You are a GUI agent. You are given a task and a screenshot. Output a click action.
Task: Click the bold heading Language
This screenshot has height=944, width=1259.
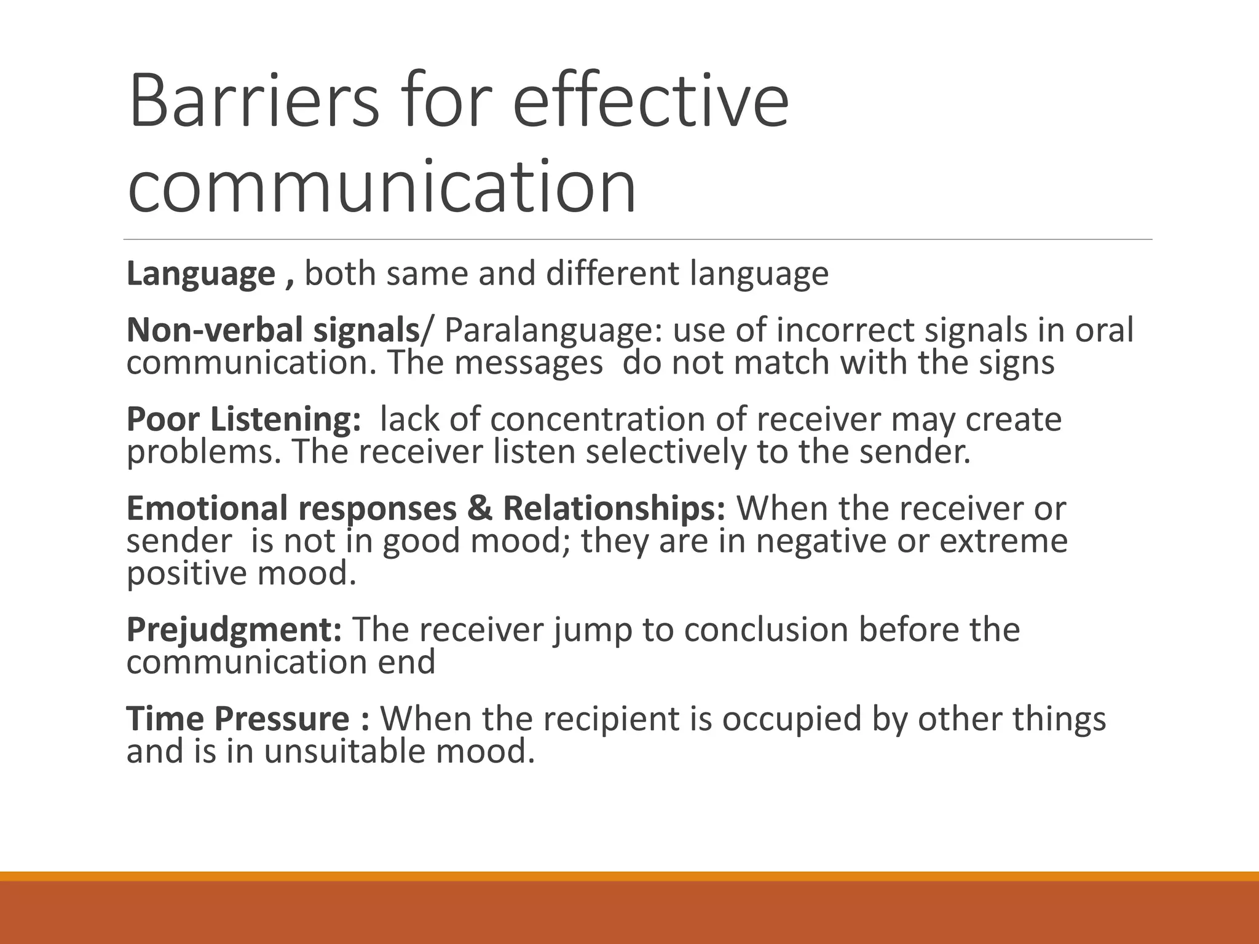point(200,274)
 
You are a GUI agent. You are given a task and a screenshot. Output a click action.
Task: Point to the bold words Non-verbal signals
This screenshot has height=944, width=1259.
point(272,331)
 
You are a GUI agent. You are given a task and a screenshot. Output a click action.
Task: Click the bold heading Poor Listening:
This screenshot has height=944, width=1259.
point(243,420)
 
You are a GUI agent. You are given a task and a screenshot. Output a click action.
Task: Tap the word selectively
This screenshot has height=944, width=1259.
point(666,452)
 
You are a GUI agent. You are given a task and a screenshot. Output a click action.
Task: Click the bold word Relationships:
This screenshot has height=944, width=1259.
point(614,509)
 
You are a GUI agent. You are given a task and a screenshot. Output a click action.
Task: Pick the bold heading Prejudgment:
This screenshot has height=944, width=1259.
point(234,631)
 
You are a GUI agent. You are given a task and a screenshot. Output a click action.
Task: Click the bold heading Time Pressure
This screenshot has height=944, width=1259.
point(237,719)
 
